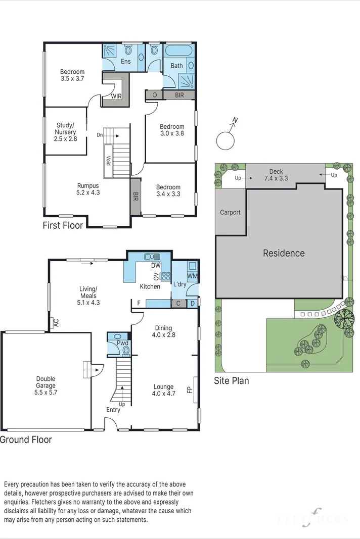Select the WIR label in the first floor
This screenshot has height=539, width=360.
click(116, 96)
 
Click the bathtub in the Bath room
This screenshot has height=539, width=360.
click(179, 51)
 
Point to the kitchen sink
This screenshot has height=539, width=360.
click(152, 257)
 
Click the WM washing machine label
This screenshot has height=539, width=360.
click(193, 276)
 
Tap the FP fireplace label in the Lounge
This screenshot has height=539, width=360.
click(189, 390)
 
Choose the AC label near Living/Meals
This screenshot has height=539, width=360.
click(57, 323)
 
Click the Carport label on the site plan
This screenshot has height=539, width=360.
click(230, 213)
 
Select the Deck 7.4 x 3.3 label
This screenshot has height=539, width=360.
click(276, 175)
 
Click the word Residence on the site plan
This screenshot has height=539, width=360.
click(284, 254)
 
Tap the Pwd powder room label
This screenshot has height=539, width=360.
click(122, 343)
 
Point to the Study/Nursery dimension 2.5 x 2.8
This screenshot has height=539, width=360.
click(65, 139)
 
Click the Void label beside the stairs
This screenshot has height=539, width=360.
click(108, 161)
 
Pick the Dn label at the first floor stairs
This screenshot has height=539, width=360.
click(100, 135)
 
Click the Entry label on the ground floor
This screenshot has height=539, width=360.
click(113, 410)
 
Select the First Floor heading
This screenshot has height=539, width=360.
click(63, 225)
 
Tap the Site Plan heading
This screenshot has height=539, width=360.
click(231, 381)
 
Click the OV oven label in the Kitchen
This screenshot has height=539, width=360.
click(156, 276)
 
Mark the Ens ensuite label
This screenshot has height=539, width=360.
click(125, 61)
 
